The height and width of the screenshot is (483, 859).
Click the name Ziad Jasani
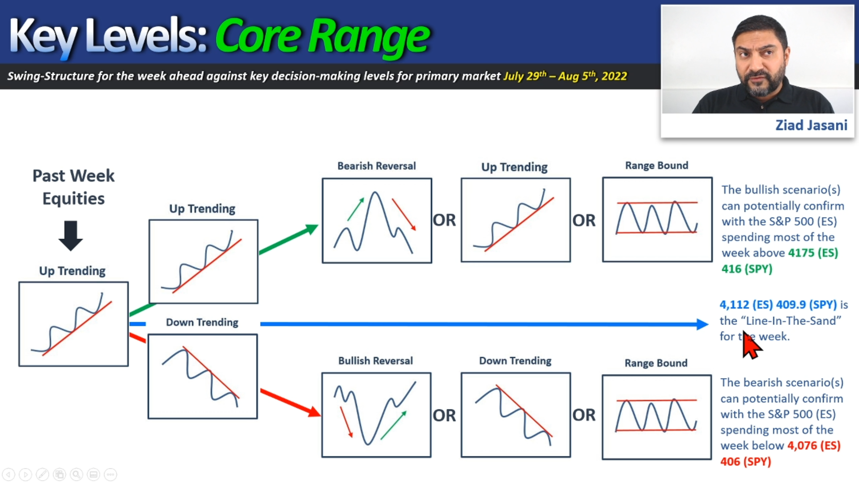tap(811, 125)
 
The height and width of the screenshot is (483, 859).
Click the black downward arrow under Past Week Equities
tap(71, 235)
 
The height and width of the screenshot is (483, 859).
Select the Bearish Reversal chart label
tap(376, 166)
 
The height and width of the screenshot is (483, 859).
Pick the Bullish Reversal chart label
tap(375, 360)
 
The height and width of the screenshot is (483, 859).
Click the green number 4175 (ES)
tap(813, 253)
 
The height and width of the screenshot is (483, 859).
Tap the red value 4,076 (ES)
tap(814, 445)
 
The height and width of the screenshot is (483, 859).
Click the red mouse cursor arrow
tap(751, 345)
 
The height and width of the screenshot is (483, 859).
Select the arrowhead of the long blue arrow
tap(703, 324)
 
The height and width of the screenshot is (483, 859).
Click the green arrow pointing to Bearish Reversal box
tap(289, 239)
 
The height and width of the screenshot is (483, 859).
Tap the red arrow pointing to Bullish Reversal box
tap(290, 402)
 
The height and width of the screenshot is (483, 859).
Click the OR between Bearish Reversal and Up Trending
tap(444, 220)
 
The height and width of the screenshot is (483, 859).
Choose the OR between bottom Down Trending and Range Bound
tap(584, 415)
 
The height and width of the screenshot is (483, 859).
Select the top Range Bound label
tap(656, 165)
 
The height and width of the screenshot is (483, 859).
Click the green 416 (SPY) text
tap(747, 269)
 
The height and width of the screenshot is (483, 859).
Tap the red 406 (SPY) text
tap(745, 462)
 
